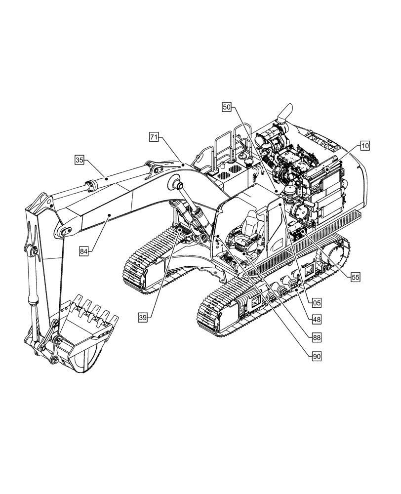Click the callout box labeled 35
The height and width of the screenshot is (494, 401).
pos(80,160)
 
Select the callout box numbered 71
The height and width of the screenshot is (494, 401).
pos(154,138)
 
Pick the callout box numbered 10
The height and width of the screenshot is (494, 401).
pos(364,146)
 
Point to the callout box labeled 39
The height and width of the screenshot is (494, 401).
pos(142,318)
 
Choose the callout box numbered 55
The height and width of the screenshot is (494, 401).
pos(355,277)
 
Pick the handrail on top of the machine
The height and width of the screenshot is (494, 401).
pos(230,141)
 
